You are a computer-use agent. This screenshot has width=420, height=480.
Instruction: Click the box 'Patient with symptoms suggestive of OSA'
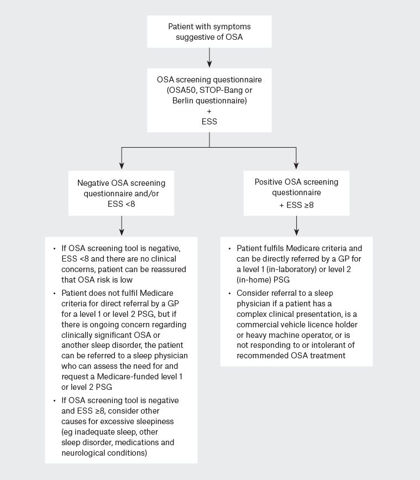[209, 32]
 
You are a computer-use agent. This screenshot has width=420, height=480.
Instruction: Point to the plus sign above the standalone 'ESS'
[209, 111]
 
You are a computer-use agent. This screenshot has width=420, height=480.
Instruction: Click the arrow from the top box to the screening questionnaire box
[209, 56]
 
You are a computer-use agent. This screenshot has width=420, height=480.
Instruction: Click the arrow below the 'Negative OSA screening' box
[122, 225]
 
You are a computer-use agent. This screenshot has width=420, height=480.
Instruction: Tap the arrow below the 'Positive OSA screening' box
[297, 225]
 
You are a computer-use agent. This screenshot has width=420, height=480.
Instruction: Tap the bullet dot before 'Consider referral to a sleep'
[229, 293]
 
